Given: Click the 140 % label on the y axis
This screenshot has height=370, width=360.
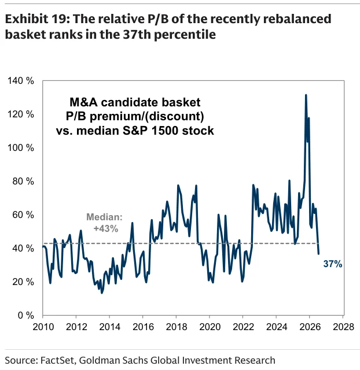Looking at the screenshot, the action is coord(21,81).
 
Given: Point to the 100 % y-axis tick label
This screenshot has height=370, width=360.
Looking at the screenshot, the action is coord(21,148).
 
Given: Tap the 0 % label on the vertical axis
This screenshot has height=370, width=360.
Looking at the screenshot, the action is coord(25,315).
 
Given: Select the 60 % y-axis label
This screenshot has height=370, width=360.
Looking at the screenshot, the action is coord(23,214).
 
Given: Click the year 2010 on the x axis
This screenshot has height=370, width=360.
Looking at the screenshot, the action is coord(43,327).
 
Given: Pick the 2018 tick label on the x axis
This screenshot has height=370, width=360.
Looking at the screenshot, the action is coord(177,327).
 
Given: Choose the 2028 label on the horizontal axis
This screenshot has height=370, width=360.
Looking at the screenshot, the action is coord(343,327).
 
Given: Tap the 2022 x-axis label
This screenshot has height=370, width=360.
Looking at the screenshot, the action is coord(243,327).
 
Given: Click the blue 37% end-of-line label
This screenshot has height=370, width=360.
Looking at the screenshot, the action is coord(333,264).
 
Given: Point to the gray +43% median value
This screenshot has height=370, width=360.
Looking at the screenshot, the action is coord(105,228).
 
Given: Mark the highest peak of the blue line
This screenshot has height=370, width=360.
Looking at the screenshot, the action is coord(306,95).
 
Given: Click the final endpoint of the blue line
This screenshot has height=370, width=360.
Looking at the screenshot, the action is coord(318,254).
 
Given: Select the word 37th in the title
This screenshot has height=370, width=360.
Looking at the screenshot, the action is coord(135,35).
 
